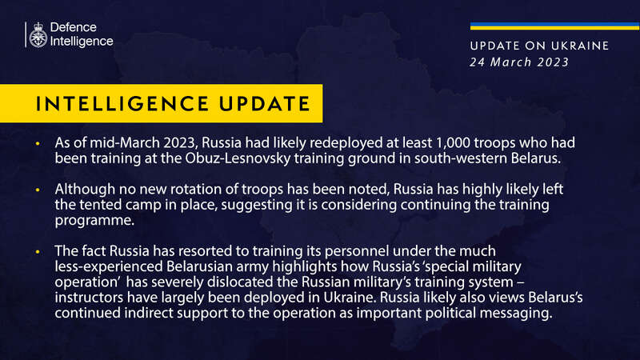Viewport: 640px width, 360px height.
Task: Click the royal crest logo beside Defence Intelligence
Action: pyautogui.click(x=36, y=34)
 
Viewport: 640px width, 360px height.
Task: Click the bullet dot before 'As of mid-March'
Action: pyautogui.click(x=37, y=142)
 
